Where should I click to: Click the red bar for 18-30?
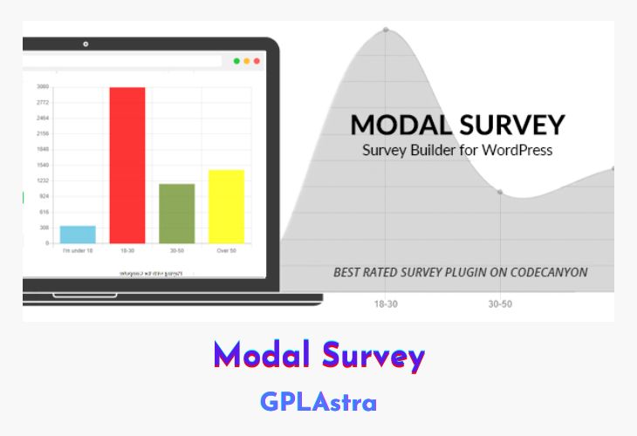coord(127,165)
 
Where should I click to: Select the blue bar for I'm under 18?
coord(78,234)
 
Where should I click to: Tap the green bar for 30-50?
coord(177,213)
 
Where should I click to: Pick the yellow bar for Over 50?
coord(226,206)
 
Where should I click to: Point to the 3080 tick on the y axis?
coord(43,86)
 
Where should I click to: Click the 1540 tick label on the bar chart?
coord(43,165)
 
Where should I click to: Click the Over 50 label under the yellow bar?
coord(226,250)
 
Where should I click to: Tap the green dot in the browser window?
coord(237,61)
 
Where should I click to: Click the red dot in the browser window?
coord(257,61)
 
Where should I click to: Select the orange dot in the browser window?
coord(247,61)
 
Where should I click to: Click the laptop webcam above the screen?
coord(86,44)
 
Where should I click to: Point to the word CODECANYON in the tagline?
coord(542,272)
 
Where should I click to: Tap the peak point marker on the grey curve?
coord(386,30)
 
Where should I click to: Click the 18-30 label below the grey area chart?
coord(386,303)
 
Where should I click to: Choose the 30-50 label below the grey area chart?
coord(500,303)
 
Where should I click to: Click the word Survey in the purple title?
coord(373,355)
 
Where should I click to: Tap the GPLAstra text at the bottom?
coord(318,402)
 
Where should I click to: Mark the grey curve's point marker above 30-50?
coord(500,192)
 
